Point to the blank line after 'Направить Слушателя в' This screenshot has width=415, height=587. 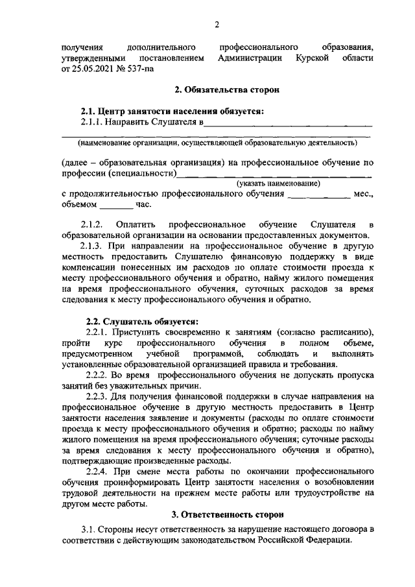(x=289, y=123)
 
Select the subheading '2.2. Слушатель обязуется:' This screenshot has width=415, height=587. (x=143, y=320)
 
